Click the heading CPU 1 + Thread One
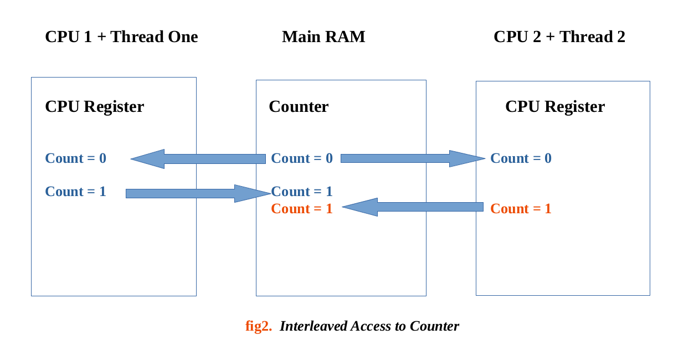click(121, 37)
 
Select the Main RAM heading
click(323, 37)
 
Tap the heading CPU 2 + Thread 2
click(559, 37)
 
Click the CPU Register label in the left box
click(94, 106)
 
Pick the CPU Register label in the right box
click(554, 106)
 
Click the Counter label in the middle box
click(299, 106)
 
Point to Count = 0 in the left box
click(75, 158)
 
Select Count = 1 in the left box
click(75, 192)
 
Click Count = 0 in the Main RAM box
click(302, 158)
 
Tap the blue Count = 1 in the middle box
click(302, 192)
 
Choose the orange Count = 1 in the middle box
click(302, 209)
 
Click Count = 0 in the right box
click(521, 158)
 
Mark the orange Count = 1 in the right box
click(521, 209)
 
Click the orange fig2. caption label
click(259, 326)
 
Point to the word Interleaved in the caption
click(313, 326)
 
